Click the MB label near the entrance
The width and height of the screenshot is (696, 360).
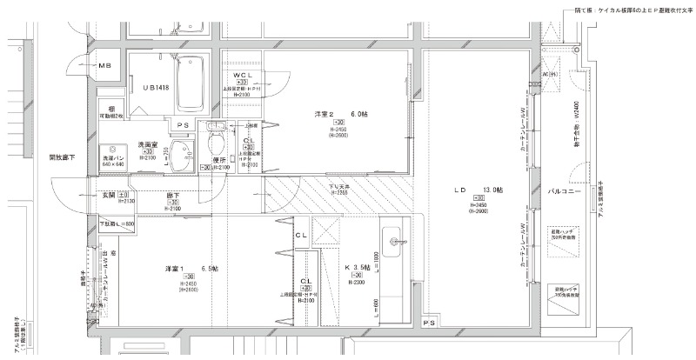tap(104, 66)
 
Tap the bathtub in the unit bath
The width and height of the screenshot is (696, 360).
tap(190, 83)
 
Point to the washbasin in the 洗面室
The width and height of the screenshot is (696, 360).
tap(184, 157)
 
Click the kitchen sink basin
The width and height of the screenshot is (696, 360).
tap(392, 239)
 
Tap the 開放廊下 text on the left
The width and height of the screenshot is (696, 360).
tap(62, 157)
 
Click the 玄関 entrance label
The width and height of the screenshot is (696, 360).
tap(110, 195)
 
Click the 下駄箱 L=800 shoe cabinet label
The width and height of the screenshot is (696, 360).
tap(118, 224)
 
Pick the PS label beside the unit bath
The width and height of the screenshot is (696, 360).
tap(184, 124)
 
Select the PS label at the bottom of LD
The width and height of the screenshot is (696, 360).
tap(428, 323)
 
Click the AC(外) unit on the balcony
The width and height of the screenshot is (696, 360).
tap(550, 75)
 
